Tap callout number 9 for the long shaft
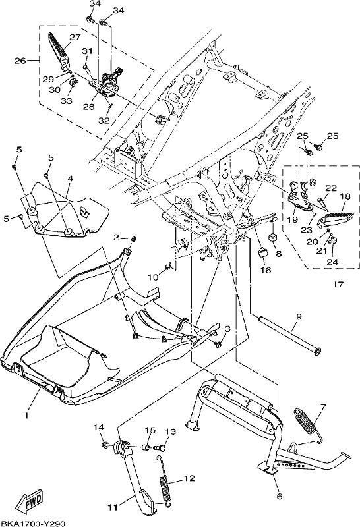[x=299, y=316]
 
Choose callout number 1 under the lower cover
[x=26, y=416]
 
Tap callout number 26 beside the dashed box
[x=20, y=61]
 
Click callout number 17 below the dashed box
[x=338, y=285]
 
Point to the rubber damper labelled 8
[x=273, y=237]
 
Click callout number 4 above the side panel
[x=70, y=179]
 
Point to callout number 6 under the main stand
[x=280, y=496]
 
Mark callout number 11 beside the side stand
[x=113, y=507]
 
